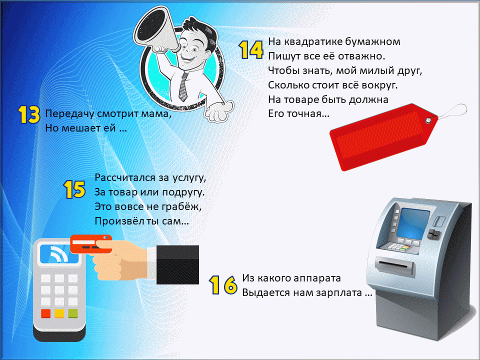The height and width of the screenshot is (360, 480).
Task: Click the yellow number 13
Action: (29, 115)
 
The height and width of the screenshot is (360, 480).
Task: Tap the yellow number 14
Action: (251, 49)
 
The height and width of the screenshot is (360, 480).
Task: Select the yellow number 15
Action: (74, 189)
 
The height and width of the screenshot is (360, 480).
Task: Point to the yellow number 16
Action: (223, 284)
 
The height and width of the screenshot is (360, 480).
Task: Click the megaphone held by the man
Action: (154, 30)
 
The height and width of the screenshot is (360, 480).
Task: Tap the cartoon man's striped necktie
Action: (183, 87)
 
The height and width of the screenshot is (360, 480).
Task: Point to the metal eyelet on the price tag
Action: (428, 120)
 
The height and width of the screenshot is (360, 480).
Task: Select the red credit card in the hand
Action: (90, 244)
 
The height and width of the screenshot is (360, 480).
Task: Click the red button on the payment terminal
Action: (46, 313)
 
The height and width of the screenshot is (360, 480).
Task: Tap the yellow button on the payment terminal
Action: (59, 313)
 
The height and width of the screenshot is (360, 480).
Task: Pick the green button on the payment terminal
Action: (73, 313)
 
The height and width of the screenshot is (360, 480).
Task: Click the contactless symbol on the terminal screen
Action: (58, 253)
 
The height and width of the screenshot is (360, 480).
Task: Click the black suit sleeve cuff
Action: (177, 264)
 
